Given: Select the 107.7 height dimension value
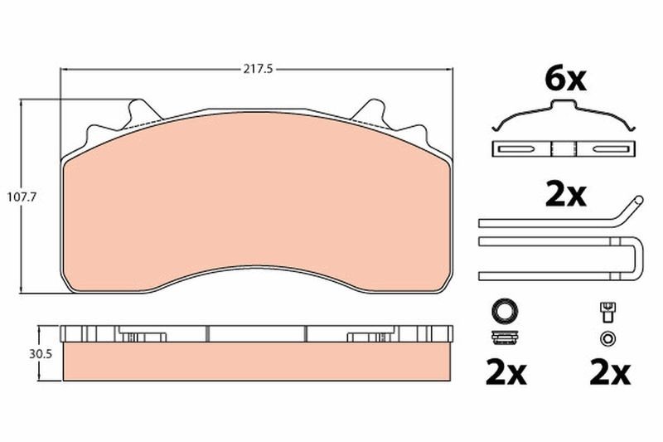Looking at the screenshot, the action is [22, 197].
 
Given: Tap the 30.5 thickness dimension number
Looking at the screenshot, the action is [41, 354].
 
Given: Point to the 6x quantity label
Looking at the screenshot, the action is [565, 80].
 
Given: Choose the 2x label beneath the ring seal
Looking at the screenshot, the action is [506, 372].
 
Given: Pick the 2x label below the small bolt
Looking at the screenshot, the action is [610, 372].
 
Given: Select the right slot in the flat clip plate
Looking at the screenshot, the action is [611, 149].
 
